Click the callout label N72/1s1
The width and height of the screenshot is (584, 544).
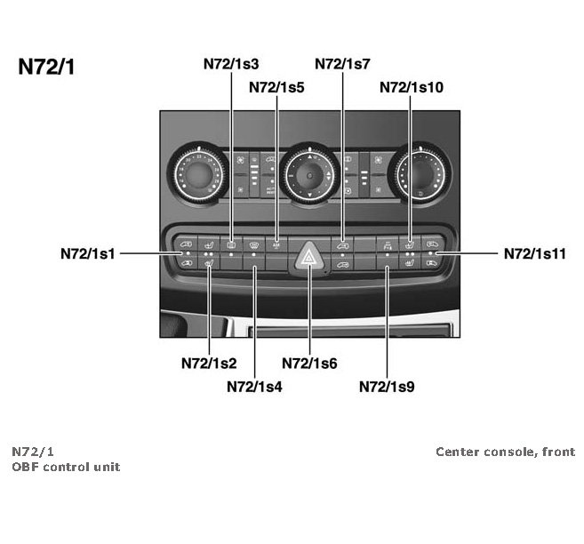click(x=87, y=253)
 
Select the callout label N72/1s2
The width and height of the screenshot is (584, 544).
click(x=208, y=363)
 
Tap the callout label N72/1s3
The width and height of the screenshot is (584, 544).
click(x=231, y=64)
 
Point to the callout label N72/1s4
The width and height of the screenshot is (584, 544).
click(x=254, y=386)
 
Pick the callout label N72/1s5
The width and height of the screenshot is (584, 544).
click(x=276, y=87)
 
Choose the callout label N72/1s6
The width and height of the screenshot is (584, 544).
click(x=308, y=363)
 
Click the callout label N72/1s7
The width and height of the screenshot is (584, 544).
click(x=342, y=64)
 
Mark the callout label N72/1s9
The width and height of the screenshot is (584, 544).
click(x=387, y=386)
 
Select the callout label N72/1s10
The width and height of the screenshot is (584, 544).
click(x=411, y=87)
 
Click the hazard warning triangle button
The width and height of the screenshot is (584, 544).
click(x=310, y=258)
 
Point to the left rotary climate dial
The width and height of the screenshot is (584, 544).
click(x=197, y=172)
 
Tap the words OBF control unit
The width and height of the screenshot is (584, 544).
click(x=66, y=467)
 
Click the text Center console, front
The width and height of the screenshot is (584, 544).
click(x=505, y=452)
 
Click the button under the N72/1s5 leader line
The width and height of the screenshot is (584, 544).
click(x=276, y=243)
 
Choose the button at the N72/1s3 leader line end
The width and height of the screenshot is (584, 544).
click(x=231, y=243)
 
